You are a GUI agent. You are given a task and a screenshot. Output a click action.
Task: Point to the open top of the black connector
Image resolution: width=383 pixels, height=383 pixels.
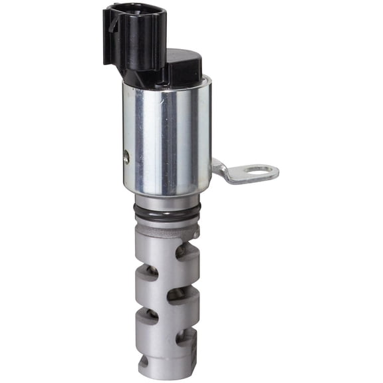[x=133, y=11]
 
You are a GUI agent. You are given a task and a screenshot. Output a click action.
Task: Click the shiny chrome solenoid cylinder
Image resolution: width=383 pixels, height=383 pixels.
[x=167, y=136]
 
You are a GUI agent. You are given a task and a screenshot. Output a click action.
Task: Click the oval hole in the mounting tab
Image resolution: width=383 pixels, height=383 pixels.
[x=259, y=172]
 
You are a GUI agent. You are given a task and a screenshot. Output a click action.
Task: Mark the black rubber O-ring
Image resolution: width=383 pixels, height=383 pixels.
[x=166, y=214]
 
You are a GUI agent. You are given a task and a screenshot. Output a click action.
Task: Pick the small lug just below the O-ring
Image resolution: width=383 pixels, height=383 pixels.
[x=194, y=229]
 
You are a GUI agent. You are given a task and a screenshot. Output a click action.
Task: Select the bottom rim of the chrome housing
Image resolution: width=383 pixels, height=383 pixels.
[x=167, y=190]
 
